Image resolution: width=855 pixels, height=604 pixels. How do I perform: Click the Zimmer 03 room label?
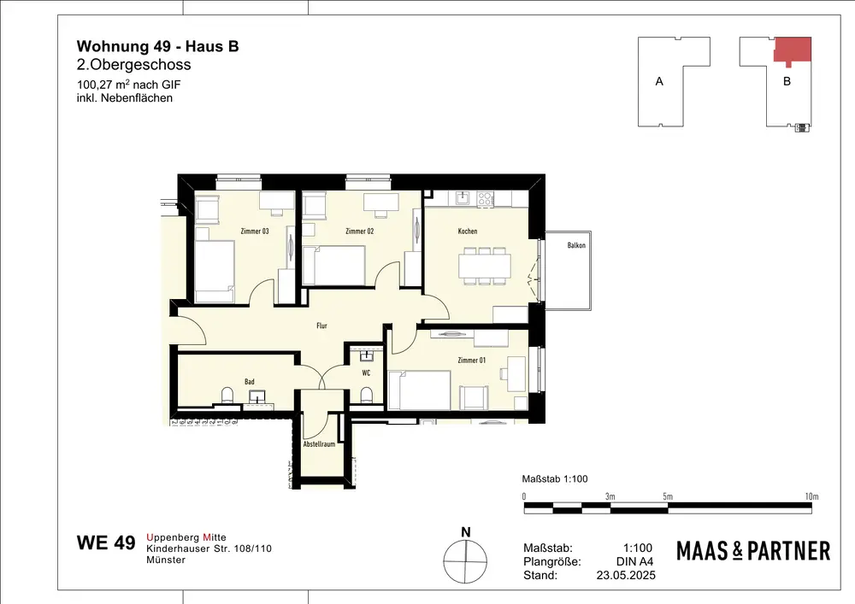pyautogui.click(x=255, y=231)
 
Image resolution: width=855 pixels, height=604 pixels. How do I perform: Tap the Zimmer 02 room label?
pyautogui.click(x=359, y=231)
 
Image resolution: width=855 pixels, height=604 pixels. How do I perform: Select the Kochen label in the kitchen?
pyautogui.click(x=468, y=231)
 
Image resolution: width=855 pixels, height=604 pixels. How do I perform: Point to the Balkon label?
pyautogui.click(x=576, y=245)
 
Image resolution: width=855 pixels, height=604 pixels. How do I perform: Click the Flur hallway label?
pyautogui.click(x=321, y=325)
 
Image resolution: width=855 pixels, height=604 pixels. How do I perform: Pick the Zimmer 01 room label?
pyautogui.click(x=472, y=360)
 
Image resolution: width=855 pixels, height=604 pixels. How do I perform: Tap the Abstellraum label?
pyautogui.click(x=319, y=444)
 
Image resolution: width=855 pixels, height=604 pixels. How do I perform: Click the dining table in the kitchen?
pyautogui.click(x=485, y=267)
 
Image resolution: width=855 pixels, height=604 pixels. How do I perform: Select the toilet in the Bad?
pyautogui.click(x=227, y=395)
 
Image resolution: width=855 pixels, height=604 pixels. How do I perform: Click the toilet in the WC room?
pyautogui.click(x=367, y=395)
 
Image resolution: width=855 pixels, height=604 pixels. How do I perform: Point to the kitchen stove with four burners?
pyautogui.click(x=486, y=199)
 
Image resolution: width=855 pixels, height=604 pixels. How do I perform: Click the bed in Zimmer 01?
pyautogui.click(x=419, y=390)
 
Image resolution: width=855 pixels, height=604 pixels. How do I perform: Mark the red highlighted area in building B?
pyautogui.click(x=793, y=50)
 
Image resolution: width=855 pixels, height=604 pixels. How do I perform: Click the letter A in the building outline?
pyautogui.click(x=659, y=82)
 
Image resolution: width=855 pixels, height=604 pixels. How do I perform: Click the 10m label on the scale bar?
pyautogui.click(x=812, y=496)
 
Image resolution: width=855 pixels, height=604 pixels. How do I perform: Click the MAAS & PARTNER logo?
pyautogui.click(x=753, y=551)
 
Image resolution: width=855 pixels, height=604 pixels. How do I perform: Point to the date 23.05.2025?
pyautogui.click(x=626, y=575)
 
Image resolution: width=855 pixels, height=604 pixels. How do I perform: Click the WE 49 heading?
pyautogui.click(x=106, y=543)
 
